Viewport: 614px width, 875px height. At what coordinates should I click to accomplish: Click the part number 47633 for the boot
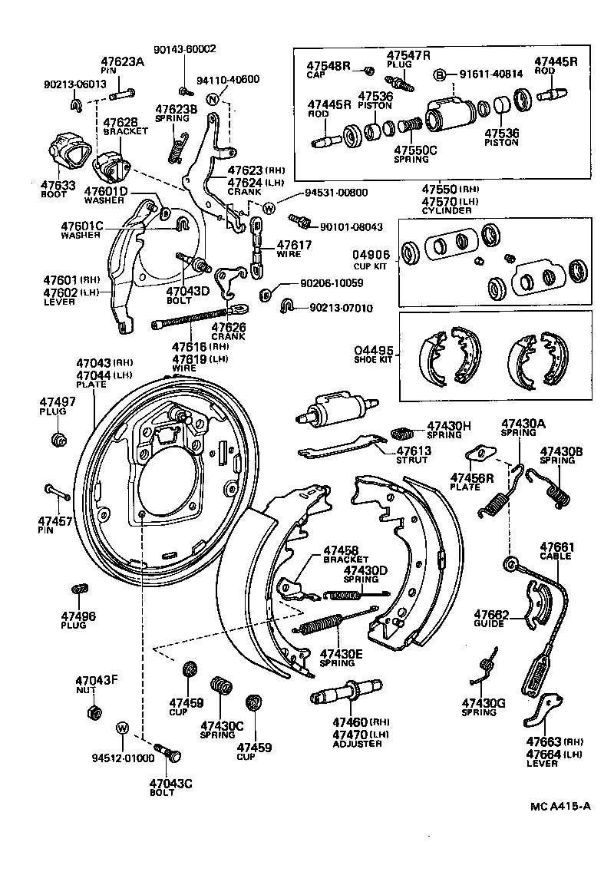pyautogui.click(x=58, y=185)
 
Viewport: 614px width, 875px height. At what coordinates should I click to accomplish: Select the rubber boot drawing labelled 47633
pyautogui.click(x=65, y=152)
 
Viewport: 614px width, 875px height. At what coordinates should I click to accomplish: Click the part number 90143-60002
pyautogui.click(x=184, y=49)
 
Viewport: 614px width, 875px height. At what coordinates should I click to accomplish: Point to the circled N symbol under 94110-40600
pyautogui.click(x=213, y=97)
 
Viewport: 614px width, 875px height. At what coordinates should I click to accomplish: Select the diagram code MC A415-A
pyautogui.click(x=560, y=807)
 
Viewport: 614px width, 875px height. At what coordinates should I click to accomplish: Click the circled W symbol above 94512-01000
pyautogui.click(x=122, y=727)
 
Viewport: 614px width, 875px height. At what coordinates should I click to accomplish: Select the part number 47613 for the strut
pyautogui.click(x=413, y=451)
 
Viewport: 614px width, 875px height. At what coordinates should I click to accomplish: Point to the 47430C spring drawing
pyautogui.click(x=221, y=685)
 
